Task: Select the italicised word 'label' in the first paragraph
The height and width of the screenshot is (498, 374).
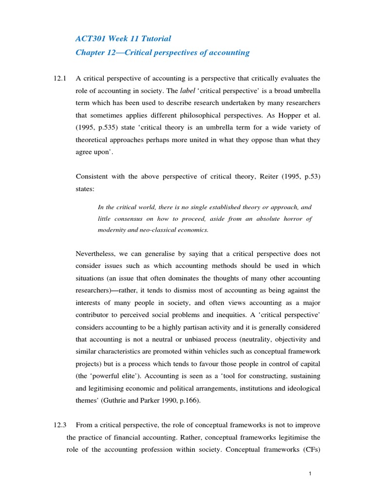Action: pyautogui.click(x=187, y=91)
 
